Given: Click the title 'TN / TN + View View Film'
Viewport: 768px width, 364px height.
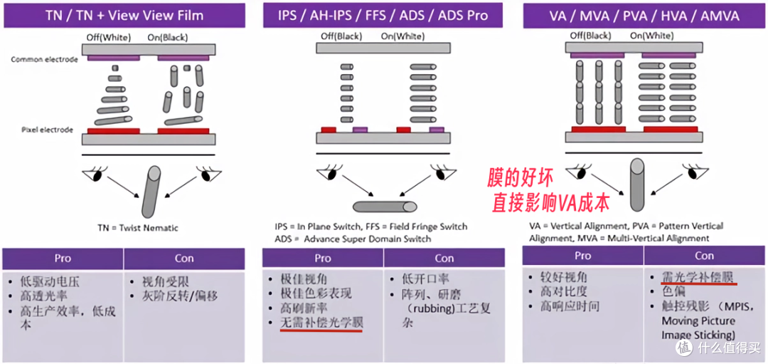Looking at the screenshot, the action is coord(124,15).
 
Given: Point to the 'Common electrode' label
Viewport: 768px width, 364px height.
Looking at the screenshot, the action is coord(45,60).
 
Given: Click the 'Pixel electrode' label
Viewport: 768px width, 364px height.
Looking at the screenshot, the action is coord(47,130).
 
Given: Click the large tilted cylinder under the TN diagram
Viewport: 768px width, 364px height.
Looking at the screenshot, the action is coord(151,192).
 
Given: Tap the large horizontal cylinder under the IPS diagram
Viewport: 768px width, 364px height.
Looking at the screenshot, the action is coord(385,207).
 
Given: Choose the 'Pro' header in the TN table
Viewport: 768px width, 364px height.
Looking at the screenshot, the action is coord(63,258).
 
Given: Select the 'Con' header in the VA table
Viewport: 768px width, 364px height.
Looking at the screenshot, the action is coord(704,256).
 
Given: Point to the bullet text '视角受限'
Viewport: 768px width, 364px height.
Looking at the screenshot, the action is coord(159,282).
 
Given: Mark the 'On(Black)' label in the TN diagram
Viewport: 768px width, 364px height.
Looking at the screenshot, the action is coord(168,38).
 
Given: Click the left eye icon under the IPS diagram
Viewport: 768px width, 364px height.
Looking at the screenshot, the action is coord(329,172).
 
